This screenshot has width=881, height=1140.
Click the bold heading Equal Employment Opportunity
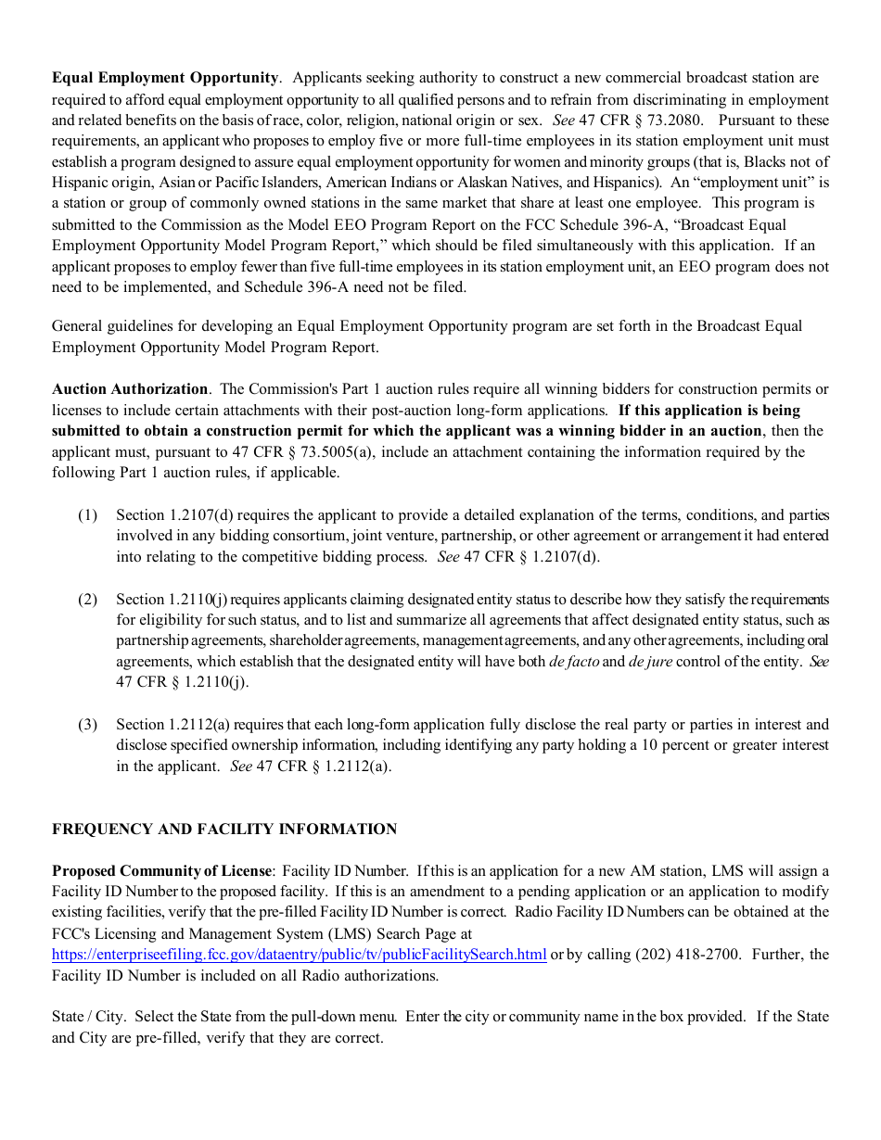(x=165, y=78)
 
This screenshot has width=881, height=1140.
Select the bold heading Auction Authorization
(x=130, y=389)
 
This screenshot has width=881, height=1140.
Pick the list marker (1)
(x=87, y=515)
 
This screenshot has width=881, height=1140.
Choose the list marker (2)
(x=87, y=599)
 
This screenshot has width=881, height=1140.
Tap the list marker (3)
(x=87, y=725)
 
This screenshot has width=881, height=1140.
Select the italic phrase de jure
(x=650, y=662)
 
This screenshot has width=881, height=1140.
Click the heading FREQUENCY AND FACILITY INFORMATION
(x=224, y=830)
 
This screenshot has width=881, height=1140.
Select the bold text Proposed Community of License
(x=162, y=871)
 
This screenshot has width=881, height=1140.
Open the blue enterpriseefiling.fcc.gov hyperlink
(x=299, y=956)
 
